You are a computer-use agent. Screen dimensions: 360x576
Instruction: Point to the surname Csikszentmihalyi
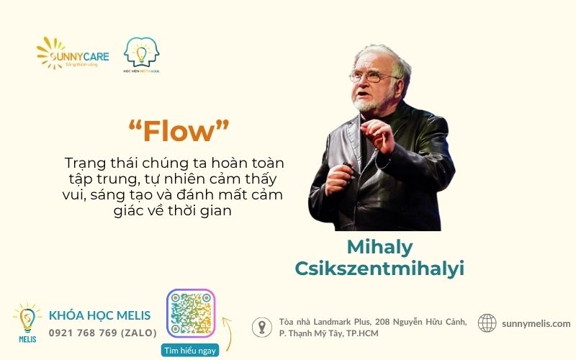[x=379, y=268]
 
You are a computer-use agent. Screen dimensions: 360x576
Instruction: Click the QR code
[x=191, y=314]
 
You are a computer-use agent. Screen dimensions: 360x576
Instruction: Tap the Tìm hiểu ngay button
[x=190, y=350]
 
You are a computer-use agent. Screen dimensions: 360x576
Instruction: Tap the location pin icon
[x=261, y=328]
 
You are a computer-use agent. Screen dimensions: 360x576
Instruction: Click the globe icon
[x=487, y=323]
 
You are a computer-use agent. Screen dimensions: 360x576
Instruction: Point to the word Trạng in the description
[x=84, y=163]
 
